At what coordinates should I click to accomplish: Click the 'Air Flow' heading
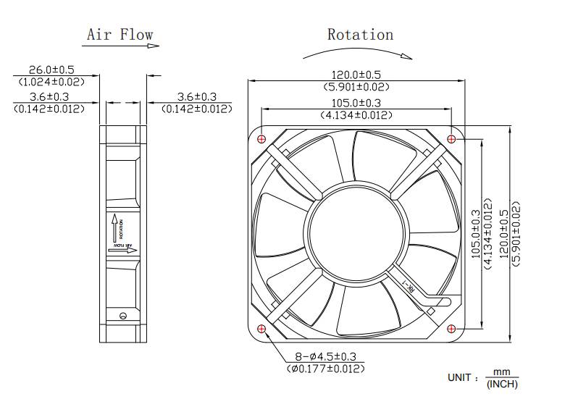[120, 34]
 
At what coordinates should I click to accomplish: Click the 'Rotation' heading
[360, 34]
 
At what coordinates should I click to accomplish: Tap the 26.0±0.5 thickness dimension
[51, 70]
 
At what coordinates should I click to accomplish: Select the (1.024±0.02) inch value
[51, 82]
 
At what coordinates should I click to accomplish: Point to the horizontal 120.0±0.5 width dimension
[356, 75]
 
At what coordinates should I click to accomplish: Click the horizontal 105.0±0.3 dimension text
[356, 103]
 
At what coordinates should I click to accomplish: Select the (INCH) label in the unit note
[502, 384]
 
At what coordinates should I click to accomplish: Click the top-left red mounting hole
[261, 138]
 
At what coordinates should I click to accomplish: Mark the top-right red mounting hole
[453, 138]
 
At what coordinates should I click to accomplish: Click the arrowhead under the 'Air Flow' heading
[154, 46]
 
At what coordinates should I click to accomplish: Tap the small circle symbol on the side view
[122, 314]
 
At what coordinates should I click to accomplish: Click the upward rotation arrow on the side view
[114, 228]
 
